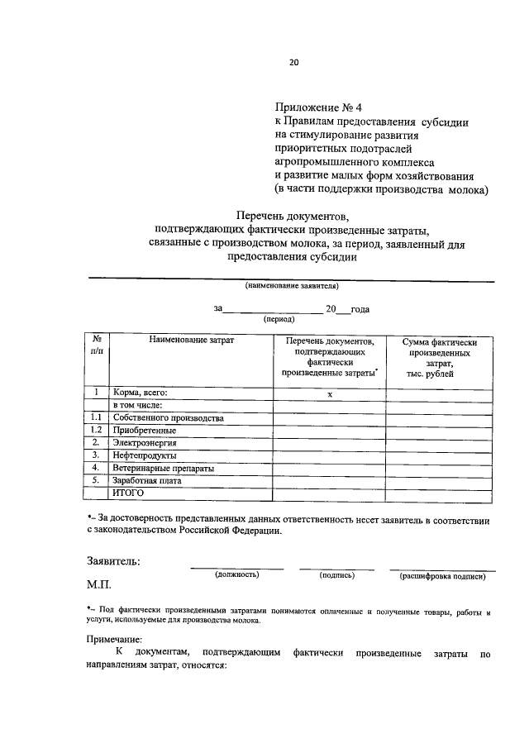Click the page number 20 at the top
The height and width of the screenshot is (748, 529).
coord(293,61)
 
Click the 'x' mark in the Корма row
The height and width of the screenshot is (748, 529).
coord(329,393)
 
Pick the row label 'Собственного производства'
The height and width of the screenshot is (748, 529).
coord(169,418)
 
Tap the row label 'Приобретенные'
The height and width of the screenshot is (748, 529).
coord(144,431)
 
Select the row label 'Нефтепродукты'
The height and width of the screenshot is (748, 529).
coord(145,455)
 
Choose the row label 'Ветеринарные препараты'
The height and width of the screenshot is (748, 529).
coord(164,468)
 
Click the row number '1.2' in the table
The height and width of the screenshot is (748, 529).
coord(97,431)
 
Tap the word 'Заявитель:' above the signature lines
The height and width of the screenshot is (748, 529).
coord(113,561)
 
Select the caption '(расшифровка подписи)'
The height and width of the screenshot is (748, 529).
coord(442,576)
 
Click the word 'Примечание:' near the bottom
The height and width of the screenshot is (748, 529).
coord(115,638)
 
